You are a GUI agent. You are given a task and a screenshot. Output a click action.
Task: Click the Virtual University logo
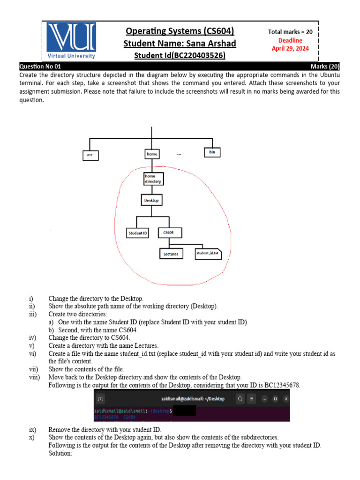(72, 41)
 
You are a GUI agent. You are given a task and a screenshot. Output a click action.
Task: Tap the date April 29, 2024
(290, 48)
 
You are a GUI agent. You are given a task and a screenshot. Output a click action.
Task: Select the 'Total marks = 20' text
(290, 32)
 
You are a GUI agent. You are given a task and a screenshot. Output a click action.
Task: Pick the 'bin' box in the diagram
(212, 152)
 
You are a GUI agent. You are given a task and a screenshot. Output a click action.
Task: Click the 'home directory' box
(153, 179)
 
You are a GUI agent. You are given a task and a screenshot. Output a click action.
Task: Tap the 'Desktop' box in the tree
(151, 200)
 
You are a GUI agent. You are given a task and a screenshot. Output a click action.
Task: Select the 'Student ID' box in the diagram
(137, 232)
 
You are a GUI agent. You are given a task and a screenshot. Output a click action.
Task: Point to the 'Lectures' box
(171, 254)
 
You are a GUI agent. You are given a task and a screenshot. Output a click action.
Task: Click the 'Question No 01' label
(40, 67)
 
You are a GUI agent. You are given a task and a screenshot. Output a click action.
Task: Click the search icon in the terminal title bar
(240, 399)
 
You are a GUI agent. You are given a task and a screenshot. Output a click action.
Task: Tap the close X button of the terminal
(286, 399)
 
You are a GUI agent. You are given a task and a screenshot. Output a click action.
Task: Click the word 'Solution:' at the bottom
(60, 453)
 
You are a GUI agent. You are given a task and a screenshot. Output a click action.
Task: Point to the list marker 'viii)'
(34, 377)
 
